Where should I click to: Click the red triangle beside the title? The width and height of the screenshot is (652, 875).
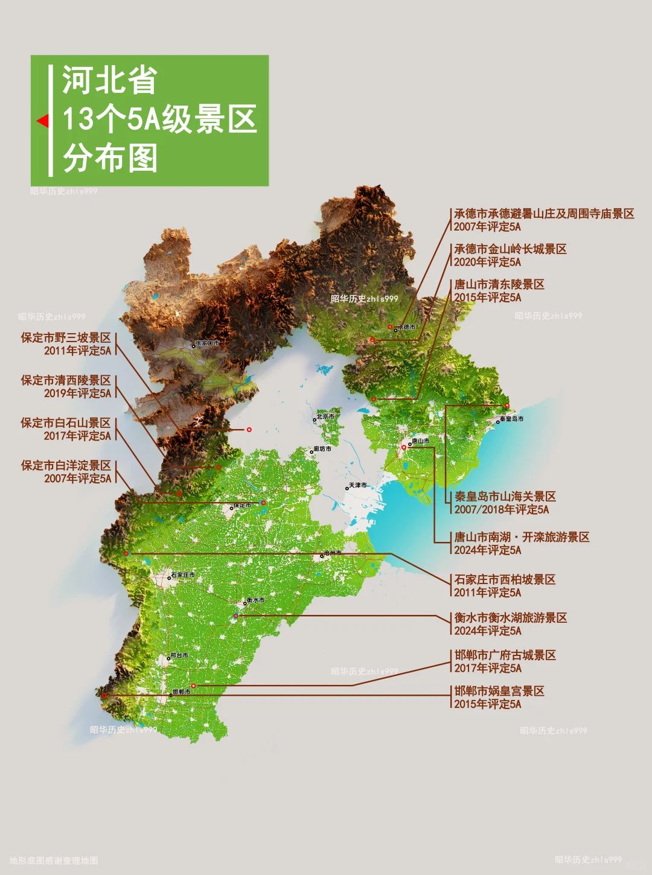(x=42, y=121)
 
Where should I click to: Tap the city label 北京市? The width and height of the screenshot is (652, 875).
(x=325, y=416)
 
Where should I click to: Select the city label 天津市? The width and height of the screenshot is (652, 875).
(x=357, y=485)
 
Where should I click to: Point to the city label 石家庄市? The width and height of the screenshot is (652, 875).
(x=182, y=575)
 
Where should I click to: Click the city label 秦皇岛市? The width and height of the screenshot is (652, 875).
(x=511, y=419)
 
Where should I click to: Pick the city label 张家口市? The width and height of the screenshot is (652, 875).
(x=207, y=343)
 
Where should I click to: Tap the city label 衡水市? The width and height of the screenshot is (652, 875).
(x=255, y=600)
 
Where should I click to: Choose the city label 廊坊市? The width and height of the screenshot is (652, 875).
(x=322, y=449)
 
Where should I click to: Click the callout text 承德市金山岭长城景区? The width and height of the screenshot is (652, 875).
(x=510, y=249)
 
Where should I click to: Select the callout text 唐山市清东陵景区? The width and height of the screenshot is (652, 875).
(x=499, y=284)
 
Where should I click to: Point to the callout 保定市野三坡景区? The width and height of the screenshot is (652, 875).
(x=66, y=338)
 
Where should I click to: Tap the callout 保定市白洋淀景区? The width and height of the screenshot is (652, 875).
(x=66, y=465)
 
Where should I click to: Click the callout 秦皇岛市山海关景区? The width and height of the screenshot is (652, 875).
(x=505, y=497)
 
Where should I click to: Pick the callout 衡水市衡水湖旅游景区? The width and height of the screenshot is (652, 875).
(x=511, y=618)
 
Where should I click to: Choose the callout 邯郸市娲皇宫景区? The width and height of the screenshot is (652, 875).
(x=499, y=691)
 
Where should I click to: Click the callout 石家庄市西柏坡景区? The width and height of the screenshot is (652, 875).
(x=505, y=579)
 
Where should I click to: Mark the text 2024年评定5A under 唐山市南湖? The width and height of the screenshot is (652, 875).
(x=488, y=550)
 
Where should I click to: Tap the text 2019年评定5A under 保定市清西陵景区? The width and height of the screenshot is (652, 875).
(x=77, y=393)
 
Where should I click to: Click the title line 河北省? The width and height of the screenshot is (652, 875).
(x=109, y=80)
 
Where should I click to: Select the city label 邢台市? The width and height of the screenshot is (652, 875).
(x=179, y=655)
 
